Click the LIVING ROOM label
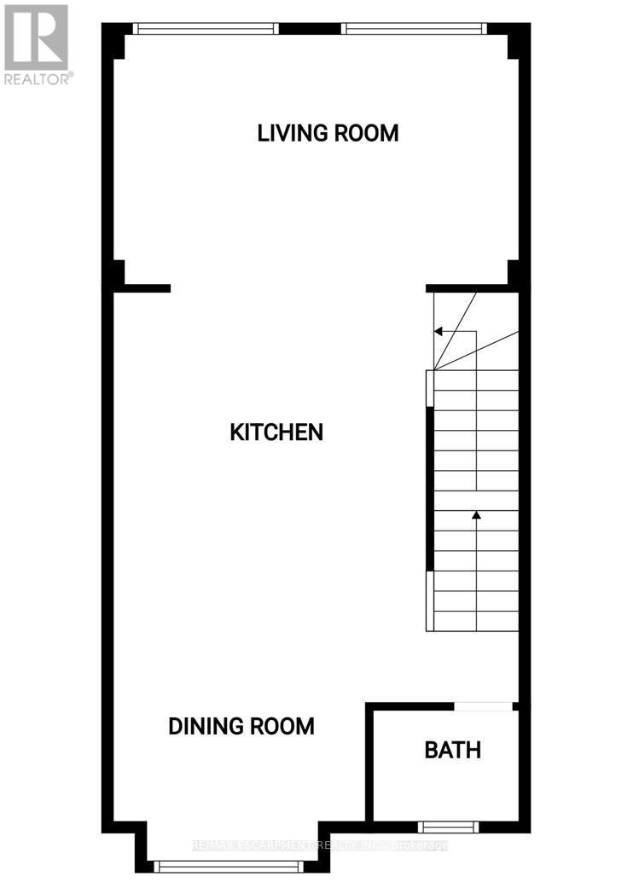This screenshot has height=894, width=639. point(328,133)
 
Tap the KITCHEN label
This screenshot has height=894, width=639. point(276,432)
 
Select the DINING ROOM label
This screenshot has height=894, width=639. point(241,726)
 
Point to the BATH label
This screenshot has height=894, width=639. point(453,750)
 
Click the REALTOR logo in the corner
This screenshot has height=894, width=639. point(37,44)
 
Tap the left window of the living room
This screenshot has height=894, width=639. point(206,28)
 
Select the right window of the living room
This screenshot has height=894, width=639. point(415,28)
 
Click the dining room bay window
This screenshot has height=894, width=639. point(229,867)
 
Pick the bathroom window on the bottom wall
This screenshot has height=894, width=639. point(448,826)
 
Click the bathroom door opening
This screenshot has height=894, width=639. point(484,705)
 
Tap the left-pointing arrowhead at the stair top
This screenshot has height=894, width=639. point(439,331)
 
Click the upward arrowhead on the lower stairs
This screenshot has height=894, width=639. point(476,515)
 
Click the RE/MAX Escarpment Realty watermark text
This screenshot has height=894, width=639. point(321,846)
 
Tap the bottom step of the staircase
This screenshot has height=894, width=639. point(476,621)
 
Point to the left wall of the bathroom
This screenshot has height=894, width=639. point(369,763)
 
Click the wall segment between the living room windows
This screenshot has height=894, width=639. point(311,28)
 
